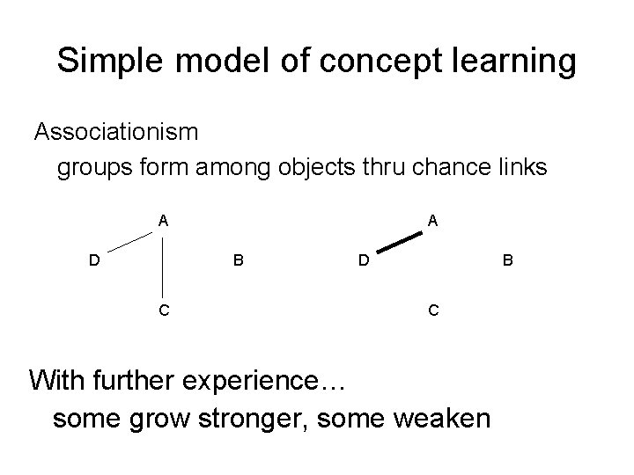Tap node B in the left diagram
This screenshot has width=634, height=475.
coord(238,260)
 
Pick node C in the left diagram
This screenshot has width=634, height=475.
coord(164,310)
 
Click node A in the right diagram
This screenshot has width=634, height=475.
coord(431,222)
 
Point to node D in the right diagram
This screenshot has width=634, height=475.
coord(362,260)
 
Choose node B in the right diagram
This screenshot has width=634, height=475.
coord(506,260)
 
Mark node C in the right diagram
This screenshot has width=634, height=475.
coord(431,310)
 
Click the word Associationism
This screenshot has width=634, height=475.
coord(116,133)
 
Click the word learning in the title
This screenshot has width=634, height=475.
coord(512,62)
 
